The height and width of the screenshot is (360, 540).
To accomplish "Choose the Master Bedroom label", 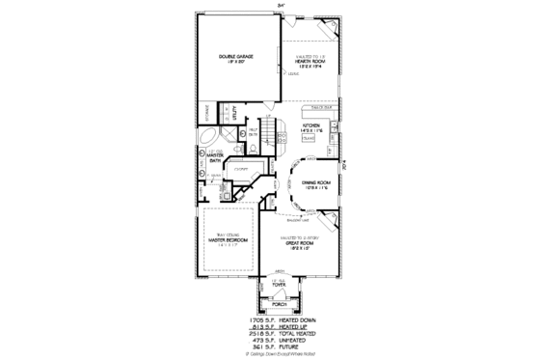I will pyautogui.click(x=229, y=241).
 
